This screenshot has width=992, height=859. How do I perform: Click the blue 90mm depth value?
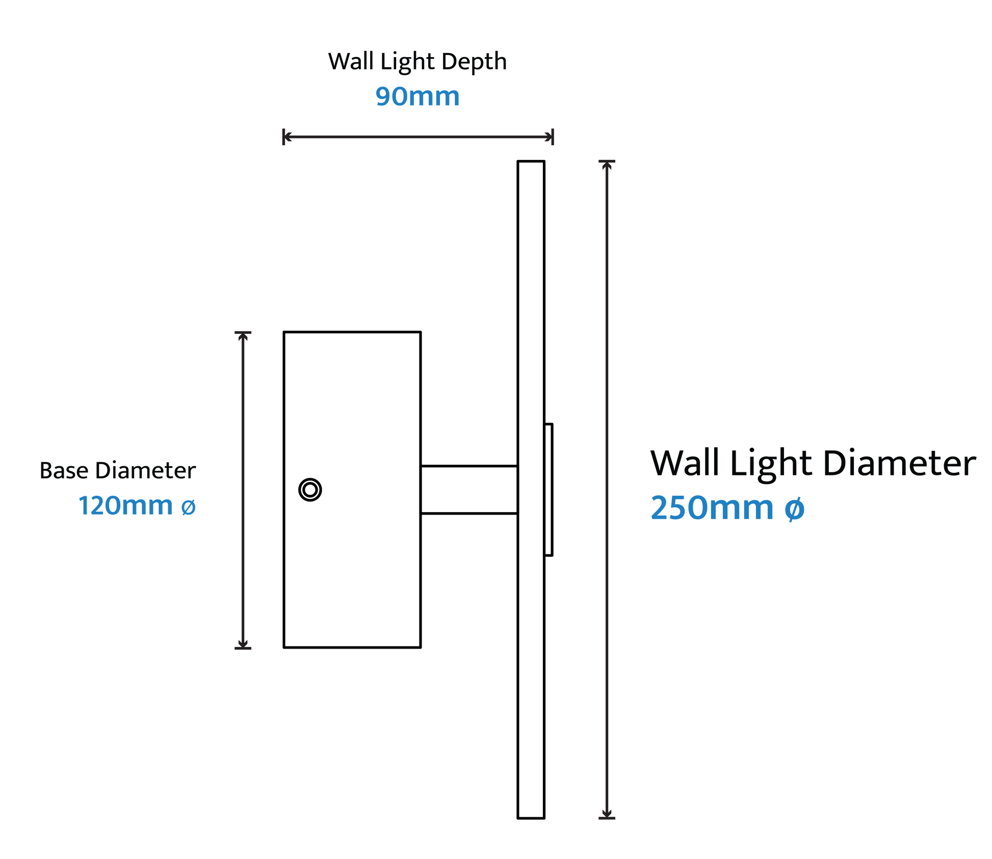pyautogui.click(x=417, y=97)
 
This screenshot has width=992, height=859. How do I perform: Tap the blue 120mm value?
pyautogui.click(x=126, y=506)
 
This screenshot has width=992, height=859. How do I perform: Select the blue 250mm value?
pyautogui.click(x=712, y=508)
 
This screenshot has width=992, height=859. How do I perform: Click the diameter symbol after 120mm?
pyautogui.click(x=189, y=507)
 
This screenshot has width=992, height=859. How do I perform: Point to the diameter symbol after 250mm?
pyautogui.click(x=794, y=509)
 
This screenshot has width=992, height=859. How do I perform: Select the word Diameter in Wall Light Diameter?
pyautogui.click(x=899, y=464)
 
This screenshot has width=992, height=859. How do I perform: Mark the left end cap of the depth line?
pyautogui.click(x=284, y=137)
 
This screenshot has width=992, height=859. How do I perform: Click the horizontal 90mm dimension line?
pyautogui.click(x=418, y=137)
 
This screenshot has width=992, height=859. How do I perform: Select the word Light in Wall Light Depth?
pyautogui.click(x=408, y=63)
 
